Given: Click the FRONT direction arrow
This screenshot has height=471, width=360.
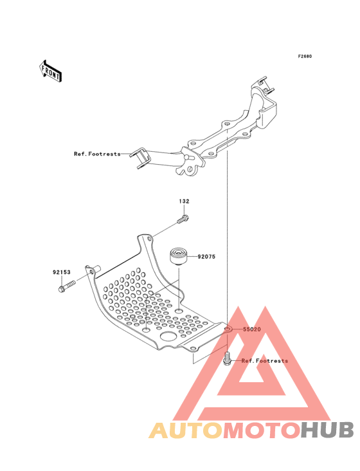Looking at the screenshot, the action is (50, 71).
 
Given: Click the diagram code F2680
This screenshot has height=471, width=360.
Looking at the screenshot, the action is (305, 56).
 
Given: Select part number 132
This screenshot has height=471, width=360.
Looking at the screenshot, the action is (184, 201).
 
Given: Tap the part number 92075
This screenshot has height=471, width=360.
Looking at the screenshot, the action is (206, 257).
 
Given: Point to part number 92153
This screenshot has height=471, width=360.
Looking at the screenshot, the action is (62, 272).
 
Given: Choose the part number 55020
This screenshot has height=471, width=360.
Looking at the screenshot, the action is (252, 329).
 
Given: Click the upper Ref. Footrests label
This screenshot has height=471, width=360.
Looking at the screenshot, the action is (97, 154).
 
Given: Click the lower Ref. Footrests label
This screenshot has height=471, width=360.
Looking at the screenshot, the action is (265, 361).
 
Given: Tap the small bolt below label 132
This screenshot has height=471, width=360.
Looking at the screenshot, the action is (183, 219).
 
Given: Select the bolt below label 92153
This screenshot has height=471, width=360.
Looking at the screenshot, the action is (67, 286).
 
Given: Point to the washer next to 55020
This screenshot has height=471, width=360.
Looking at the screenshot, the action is (228, 329).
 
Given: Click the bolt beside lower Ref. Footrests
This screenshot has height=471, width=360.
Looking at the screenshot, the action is (227, 358).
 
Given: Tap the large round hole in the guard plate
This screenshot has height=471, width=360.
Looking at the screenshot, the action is (168, 336).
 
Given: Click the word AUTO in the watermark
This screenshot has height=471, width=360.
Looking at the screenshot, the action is (186, 430).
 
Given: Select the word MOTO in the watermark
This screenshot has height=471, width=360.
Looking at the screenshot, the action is (262, 430).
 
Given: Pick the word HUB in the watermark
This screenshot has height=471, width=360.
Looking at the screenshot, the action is (328, 430).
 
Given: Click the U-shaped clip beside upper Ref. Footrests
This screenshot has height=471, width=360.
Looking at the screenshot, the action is (139, 158).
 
